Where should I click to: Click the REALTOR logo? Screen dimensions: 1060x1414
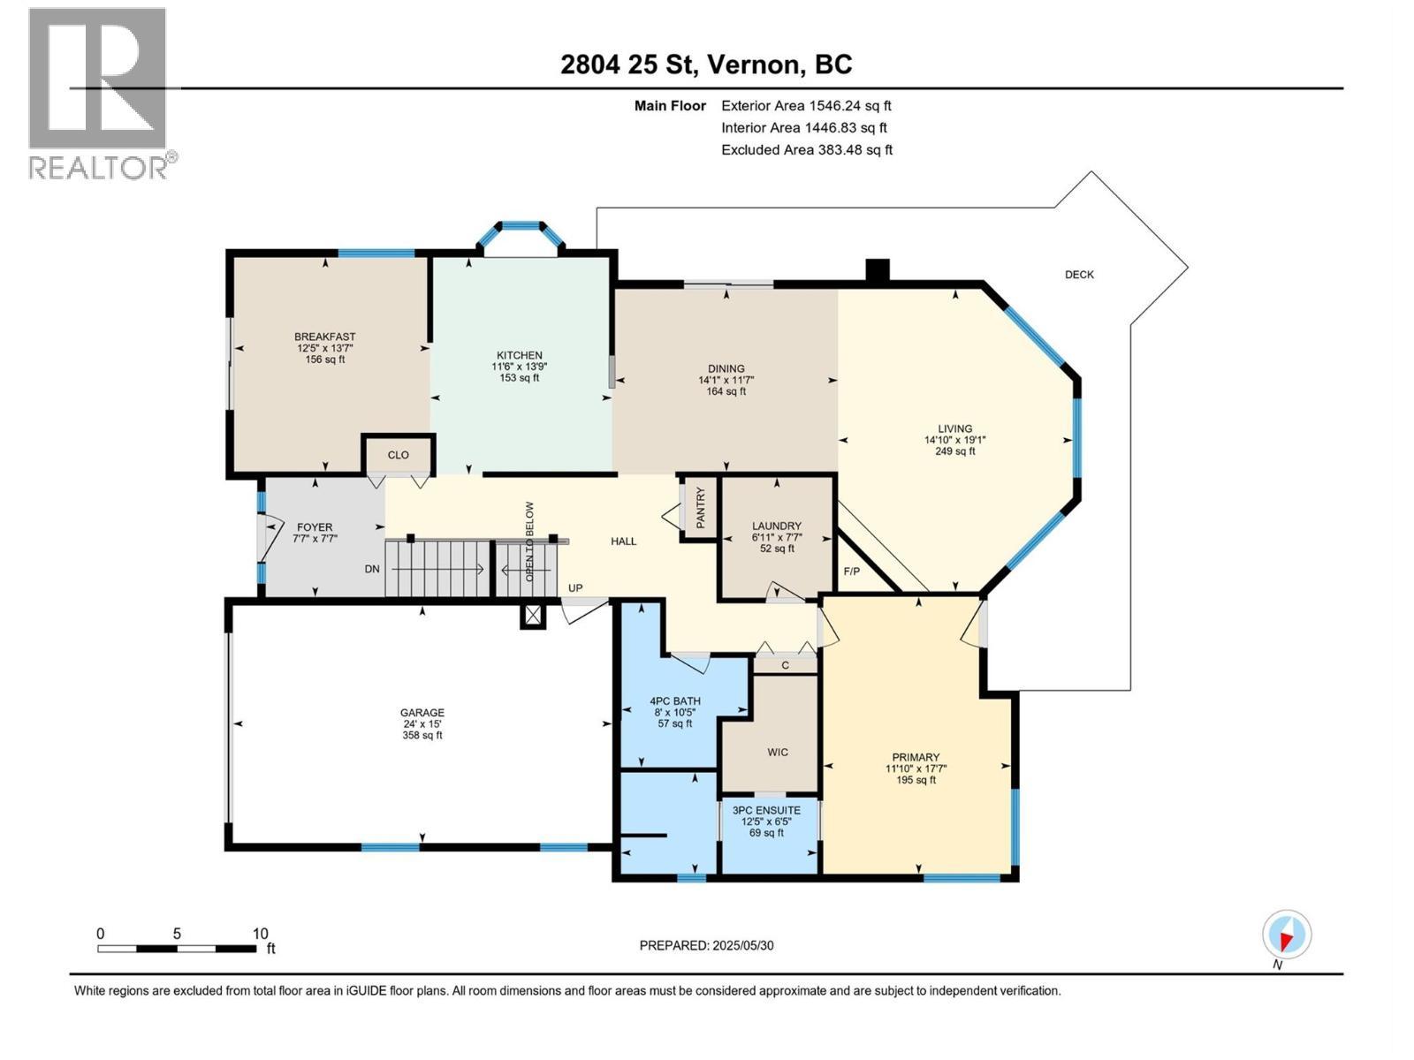pos(98,93)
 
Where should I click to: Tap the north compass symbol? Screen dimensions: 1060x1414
pos(1287,935)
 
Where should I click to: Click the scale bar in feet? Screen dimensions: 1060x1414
pos(177,948)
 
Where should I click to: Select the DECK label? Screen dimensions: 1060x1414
pos(1078,275)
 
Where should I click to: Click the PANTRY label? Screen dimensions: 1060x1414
pos(701,508)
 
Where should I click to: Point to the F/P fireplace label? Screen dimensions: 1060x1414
pos(852,572)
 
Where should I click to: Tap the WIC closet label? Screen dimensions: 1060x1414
pos(778,753)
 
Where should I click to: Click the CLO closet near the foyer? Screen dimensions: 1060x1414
pos(399,455)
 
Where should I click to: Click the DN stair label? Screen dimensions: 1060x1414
pos(372,569)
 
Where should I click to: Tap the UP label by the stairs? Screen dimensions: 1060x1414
pos(575,588)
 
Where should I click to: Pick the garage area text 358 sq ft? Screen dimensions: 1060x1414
pos(422,735)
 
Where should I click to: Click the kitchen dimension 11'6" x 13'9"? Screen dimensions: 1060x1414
pos(519,367)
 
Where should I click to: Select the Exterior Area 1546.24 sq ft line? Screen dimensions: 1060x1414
pos(806,106)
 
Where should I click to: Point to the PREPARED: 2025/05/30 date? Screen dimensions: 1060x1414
pos(706,945)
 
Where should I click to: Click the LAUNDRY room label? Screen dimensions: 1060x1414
pos(777,526)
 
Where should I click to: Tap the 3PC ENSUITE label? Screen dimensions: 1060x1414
pos(766,810)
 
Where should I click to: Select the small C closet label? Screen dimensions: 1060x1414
pos(785,665)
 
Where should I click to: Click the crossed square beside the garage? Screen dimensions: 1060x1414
pos(533,616)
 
